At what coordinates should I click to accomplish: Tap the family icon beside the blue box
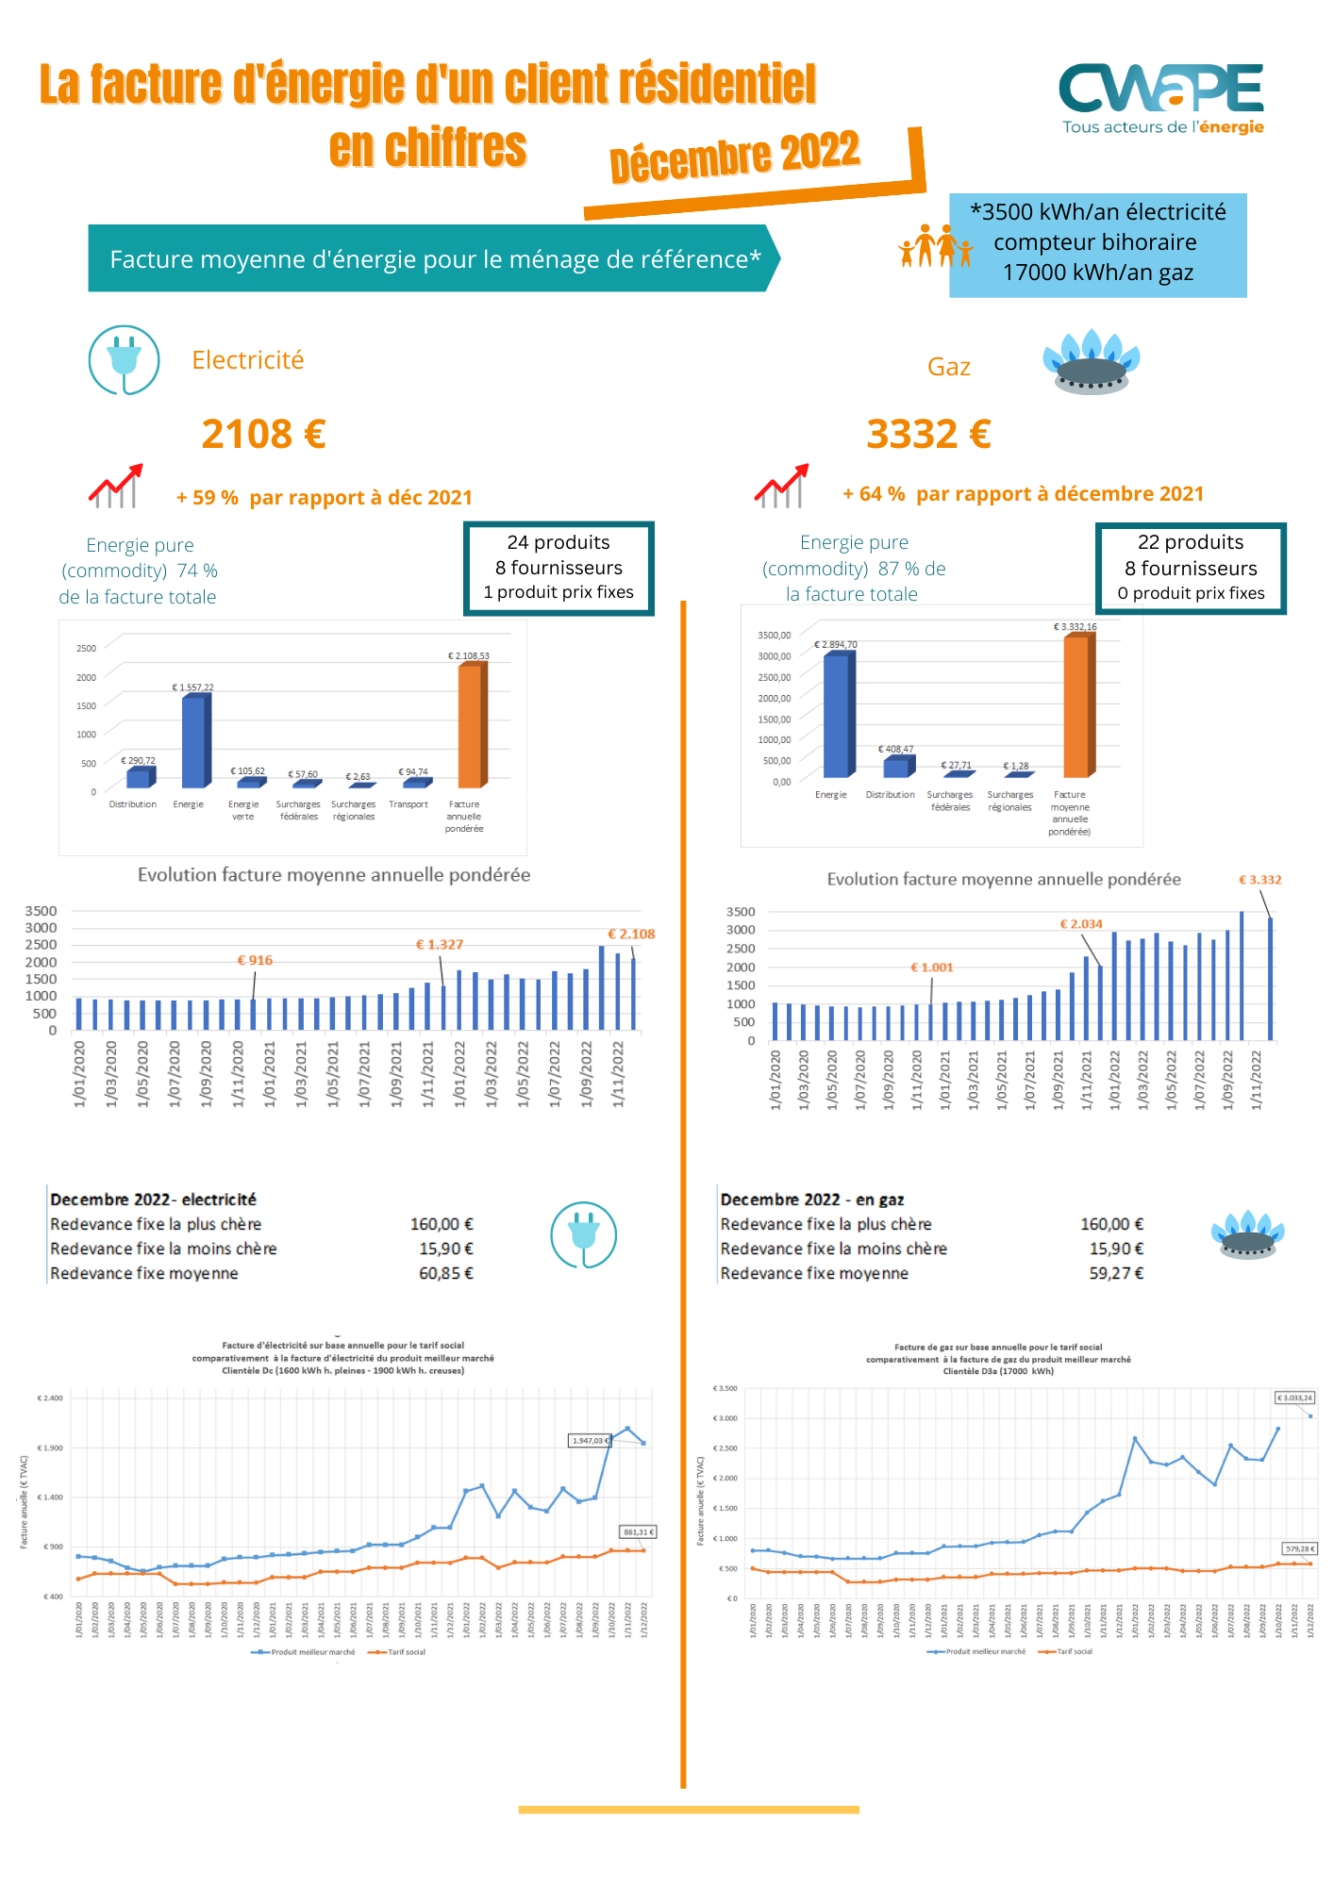pos(935,246)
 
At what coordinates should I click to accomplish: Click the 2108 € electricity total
pos(263,435)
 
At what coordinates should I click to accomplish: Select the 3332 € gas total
pos(928,435)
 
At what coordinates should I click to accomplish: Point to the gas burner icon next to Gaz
pos(1092,362)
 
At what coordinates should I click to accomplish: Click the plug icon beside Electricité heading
pos(125,360)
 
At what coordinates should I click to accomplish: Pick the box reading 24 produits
pos(559,568)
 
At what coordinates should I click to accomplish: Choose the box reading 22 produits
pos(1191,569)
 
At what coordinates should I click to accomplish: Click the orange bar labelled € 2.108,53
pos(471,726)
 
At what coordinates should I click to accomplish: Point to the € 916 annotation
pos(255,961)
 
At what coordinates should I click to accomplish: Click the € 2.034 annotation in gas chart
pos(1081,924)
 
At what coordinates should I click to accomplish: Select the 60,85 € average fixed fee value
pos(446,1274)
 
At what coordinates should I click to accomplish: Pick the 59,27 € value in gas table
pos(1116,1274)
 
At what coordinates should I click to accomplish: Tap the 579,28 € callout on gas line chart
pos(1300,1548)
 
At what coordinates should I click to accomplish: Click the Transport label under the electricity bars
pos(409,804)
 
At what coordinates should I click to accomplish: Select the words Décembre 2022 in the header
pos(735,156)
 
